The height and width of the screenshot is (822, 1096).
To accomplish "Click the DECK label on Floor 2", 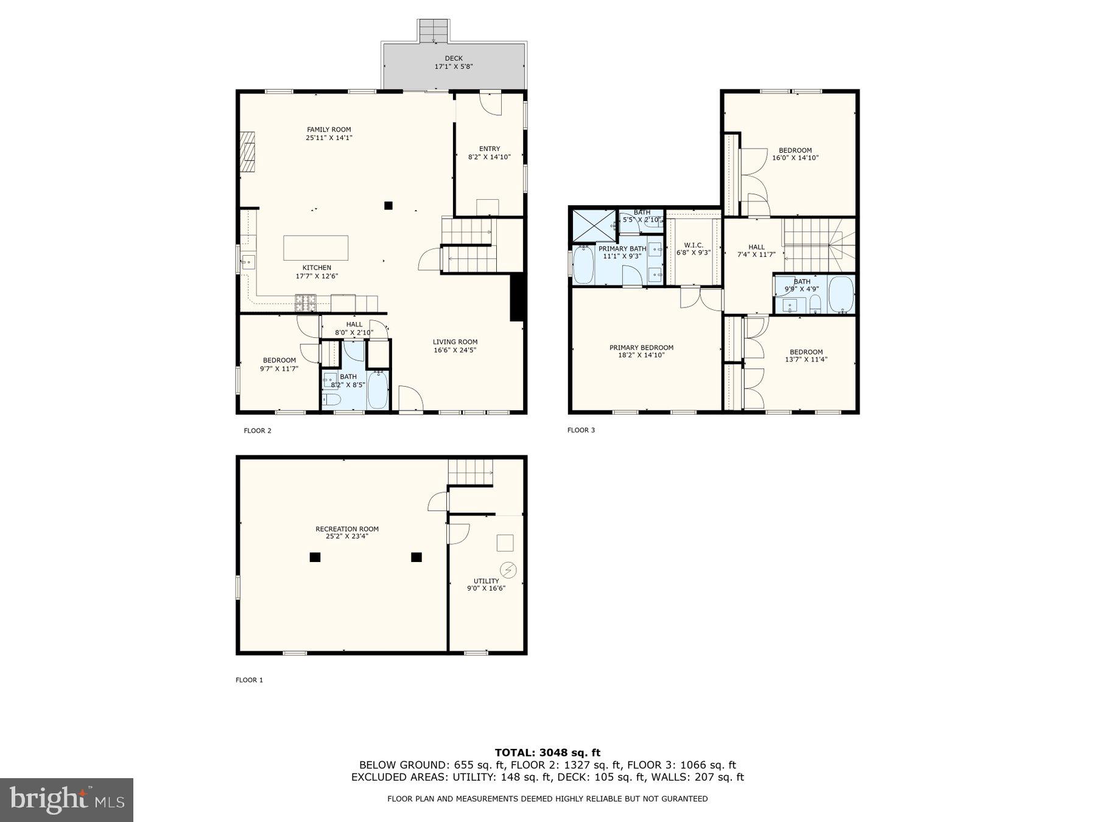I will (x=453, y=58).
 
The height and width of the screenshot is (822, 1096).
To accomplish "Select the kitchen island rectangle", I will (x=316, y=248).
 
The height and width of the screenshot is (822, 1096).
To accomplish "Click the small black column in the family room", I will (x=388, y=205).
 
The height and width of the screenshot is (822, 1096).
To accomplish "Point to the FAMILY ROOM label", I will (x=329, y=130).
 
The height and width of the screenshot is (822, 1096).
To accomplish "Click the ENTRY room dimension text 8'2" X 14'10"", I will (x=489, y=157).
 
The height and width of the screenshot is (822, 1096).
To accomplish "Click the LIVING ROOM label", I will (x=455, y=342).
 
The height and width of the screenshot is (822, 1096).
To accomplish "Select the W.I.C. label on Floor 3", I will (x=693, y=245).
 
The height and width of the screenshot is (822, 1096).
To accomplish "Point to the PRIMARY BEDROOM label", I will (x=641, y=348).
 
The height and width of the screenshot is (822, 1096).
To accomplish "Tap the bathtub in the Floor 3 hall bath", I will (x=841, y=294).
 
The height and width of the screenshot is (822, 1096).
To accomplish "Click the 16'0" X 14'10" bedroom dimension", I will (x=795, y=158).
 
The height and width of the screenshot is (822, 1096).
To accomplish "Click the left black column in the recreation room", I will (x=315, y=557).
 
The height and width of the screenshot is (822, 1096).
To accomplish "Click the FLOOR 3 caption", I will (x=581, y=430).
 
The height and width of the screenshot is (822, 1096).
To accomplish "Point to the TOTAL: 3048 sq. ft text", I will (x=547, y=753).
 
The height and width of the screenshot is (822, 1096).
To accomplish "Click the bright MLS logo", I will (x=66, y=799).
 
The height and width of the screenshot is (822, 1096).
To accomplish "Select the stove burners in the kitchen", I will (x=306, y=299).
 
